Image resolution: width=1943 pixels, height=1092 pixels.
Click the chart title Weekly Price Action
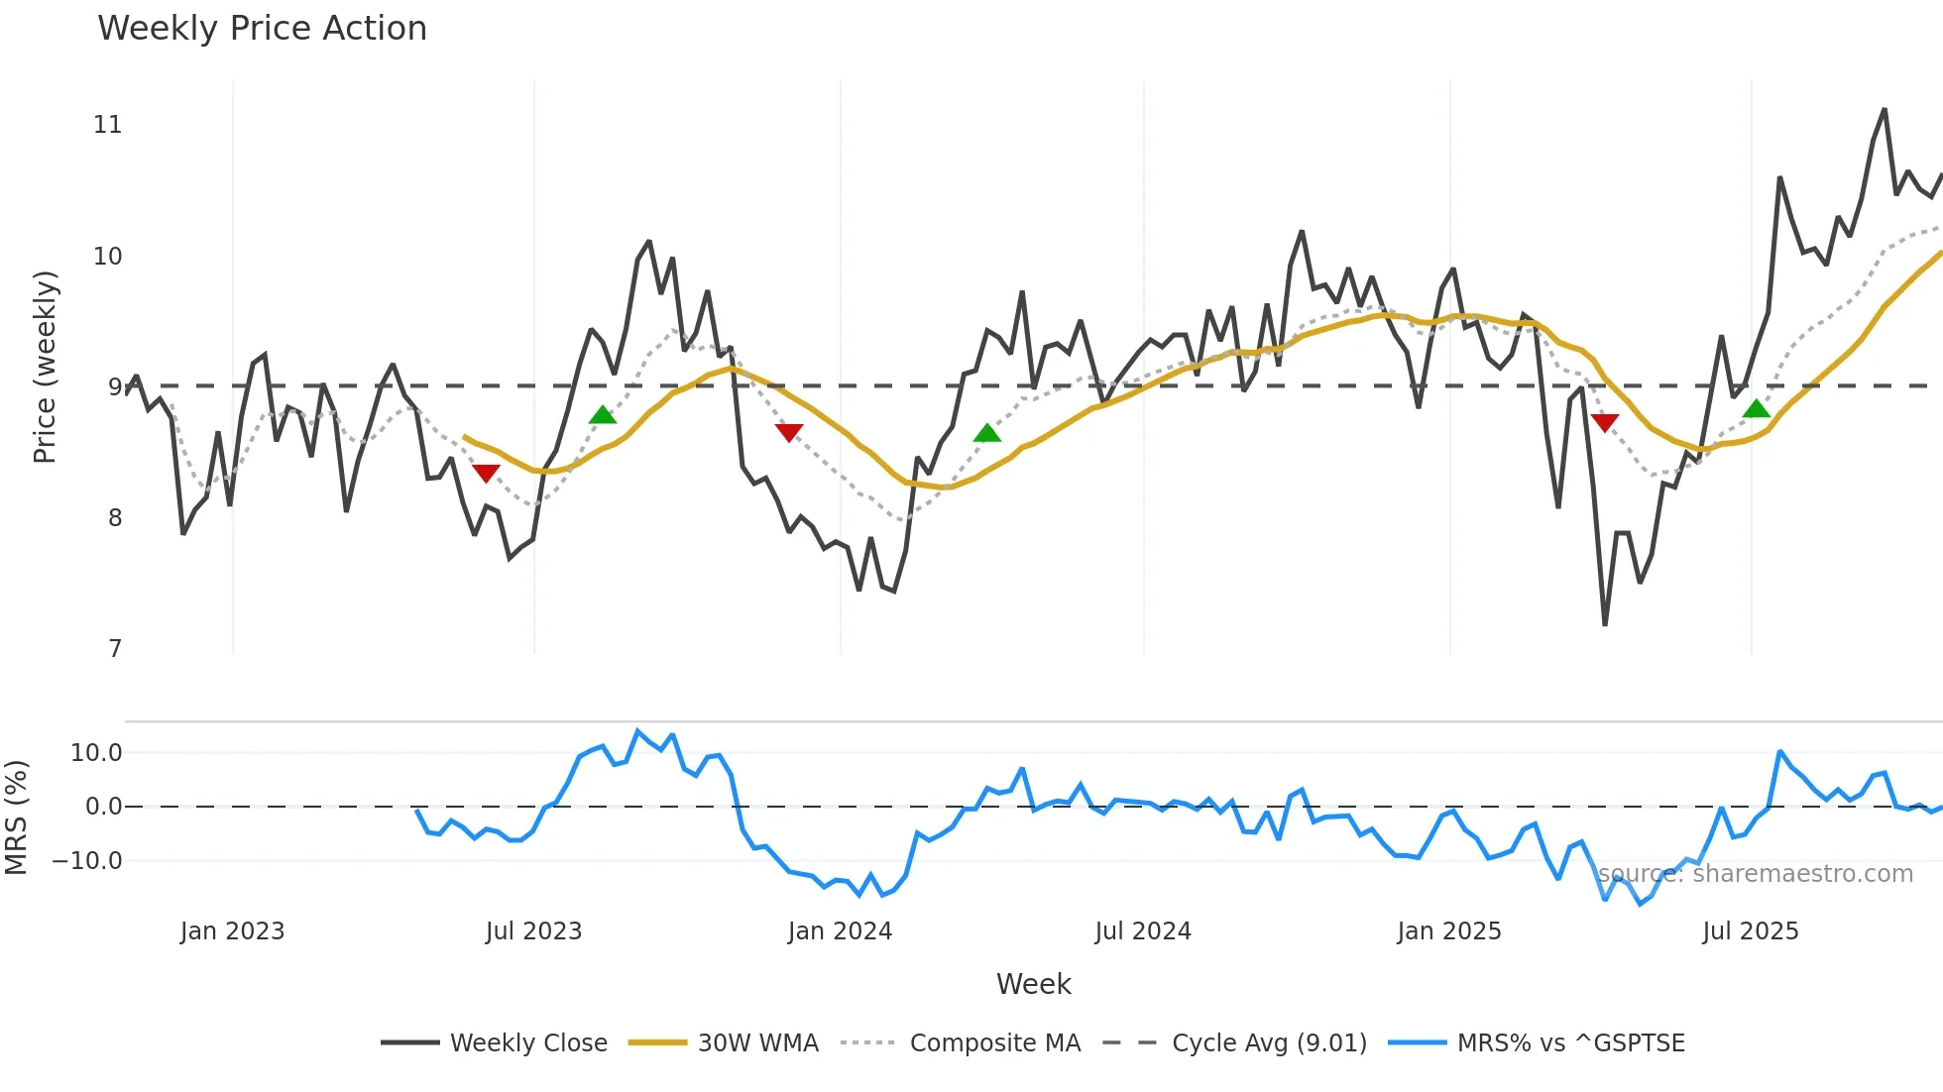(262, 29)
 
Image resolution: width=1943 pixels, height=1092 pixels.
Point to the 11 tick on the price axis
(108, 125)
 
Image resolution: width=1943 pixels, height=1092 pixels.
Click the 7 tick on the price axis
(115, 649)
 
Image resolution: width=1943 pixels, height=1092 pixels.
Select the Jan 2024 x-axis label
(840, 931)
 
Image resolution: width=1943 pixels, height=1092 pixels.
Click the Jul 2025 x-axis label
(1750, 931)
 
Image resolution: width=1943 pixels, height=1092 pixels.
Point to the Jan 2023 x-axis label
(232, 931)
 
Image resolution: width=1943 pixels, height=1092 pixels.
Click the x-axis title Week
(1033, 984)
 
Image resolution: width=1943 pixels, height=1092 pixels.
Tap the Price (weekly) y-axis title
(45, 367)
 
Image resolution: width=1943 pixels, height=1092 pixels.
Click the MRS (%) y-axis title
(16, 818)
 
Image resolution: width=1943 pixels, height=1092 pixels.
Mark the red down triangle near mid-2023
(486, 474)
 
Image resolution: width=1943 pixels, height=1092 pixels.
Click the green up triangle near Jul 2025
(1756, 408)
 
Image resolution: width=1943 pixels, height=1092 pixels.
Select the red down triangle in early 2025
(1604, 423)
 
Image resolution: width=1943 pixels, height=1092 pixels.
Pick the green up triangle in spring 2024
(986, 432)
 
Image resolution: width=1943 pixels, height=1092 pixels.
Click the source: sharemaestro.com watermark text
(1755, 874)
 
